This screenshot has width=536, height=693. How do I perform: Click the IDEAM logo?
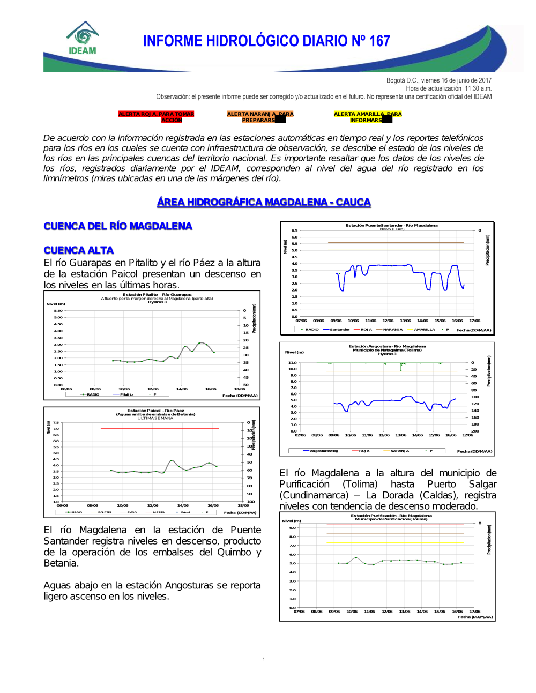[x=83, y=39]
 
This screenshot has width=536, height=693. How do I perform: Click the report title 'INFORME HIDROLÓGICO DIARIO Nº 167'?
[x=266, y=41]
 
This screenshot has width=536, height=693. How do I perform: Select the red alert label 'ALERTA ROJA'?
[x=156, y=117]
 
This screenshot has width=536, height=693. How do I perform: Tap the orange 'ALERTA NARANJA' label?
[x=260, y=117]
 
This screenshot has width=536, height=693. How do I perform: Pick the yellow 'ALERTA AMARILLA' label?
[x=367, y=117]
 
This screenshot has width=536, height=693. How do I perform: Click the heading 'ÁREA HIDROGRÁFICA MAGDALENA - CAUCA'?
[x=264, y=202]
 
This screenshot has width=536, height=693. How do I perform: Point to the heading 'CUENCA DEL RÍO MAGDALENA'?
[x=118, y=226]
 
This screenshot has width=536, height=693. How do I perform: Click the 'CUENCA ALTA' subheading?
[x=79, y=250]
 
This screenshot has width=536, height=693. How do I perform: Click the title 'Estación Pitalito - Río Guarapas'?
[x=157, y=294]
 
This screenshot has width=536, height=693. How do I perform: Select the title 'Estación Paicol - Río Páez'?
[x=155, y=411]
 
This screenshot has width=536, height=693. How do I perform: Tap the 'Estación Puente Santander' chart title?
[x=391, y=225]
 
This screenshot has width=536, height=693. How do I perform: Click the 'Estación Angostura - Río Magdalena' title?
[x=387, y=346]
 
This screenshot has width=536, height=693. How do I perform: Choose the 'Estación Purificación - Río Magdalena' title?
[x=391, y=516]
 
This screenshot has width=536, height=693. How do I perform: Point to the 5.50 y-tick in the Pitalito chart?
[x=58, y=311]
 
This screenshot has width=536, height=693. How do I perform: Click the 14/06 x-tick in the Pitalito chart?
[x=182, y=389]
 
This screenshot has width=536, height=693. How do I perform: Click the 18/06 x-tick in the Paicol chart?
[x=243, y=505]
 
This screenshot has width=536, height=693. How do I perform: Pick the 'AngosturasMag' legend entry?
[x=324, y=451]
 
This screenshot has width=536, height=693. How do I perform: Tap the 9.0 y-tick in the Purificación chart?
[x=293, y=528]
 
